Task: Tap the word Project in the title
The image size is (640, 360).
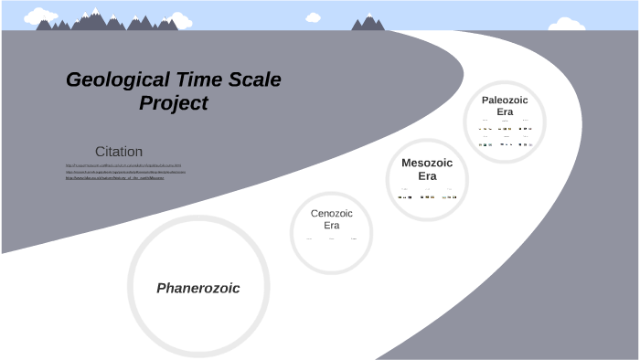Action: click(174, 103)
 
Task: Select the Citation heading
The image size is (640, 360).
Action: click(119, 151)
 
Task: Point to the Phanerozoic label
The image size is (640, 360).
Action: click(198, 288)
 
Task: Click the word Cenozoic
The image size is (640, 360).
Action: click(331, 213)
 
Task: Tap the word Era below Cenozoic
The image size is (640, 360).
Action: click(331, 225)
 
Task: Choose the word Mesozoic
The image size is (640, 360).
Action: click(427, 163)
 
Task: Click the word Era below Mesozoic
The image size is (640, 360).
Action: click(427, 175)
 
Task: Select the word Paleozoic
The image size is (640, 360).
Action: click(505, 100)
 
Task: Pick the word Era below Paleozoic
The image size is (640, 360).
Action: click(505, 111)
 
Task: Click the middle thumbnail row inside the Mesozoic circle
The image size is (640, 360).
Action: click(427, 196)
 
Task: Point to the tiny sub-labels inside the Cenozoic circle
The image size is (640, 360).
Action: click(331, 239)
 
